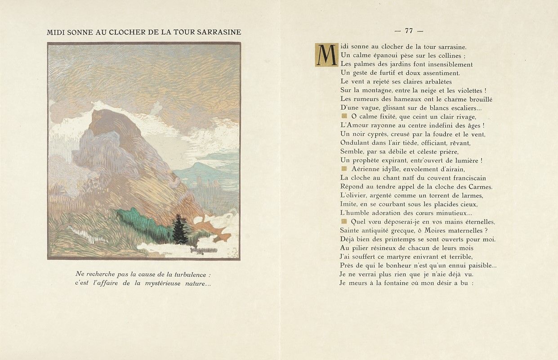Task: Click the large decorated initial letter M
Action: pyautogui.click(x=323, y=54)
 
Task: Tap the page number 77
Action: pyautogui.click(x=409, y=31)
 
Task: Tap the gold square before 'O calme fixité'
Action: pyautogui.click(x=344, y=116)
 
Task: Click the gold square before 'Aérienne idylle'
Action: pyautogui.click(x=344, y=169)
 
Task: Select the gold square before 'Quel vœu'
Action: pyautogui.click(x=344, y=221)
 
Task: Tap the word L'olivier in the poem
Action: pyautogui.click(x=353, y=195)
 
